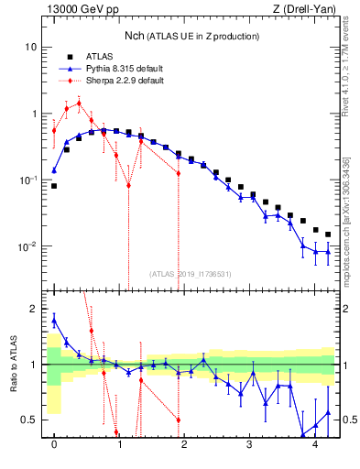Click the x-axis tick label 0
54,443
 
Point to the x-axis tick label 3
250,443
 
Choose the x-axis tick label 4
315,443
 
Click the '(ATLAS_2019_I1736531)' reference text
191,273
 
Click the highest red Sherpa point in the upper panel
79,103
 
